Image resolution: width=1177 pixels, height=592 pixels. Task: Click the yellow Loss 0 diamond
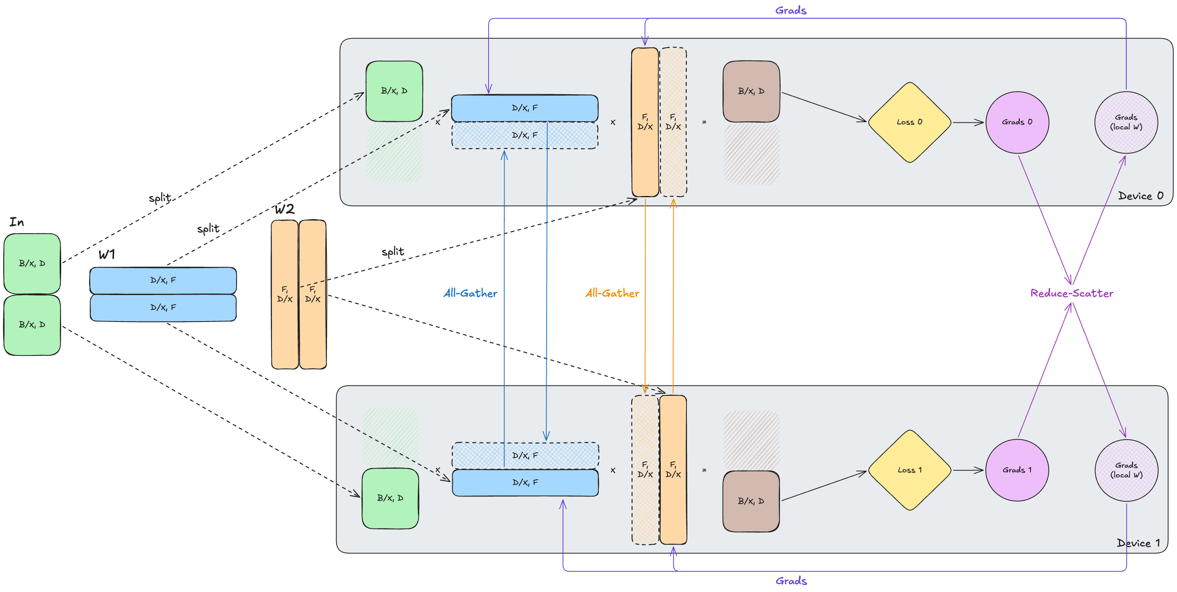click(x=909, y=122)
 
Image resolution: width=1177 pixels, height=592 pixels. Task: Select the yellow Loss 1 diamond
click(x=909, y=470)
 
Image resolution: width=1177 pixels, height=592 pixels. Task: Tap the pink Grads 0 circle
click(x=1017, y=122)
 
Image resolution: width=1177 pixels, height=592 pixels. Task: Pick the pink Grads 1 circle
click(x=1017, y=470)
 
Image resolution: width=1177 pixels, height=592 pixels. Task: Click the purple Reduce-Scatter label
click(x=1071, y=293)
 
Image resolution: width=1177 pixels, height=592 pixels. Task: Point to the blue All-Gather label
click(x=470, y=293)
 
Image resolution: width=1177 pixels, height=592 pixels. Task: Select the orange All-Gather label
click(x=612, y=293)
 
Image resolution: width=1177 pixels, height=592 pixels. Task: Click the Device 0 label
click(x=1140, y=196)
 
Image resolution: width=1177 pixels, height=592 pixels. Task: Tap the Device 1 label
click(x=1138, y=543)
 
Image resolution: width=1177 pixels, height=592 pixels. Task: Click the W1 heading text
click(x=107, y=254)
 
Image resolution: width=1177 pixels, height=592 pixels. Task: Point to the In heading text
click(x=17, y=222)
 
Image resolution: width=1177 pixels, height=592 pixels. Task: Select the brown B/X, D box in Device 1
click(x=751, y=501)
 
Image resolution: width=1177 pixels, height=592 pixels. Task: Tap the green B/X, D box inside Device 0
click(x=394, y=91)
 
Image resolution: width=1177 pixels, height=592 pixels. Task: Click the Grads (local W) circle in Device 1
click(x=1126, y=470)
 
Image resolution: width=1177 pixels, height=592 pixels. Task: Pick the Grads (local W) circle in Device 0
click(x=1126, y=122)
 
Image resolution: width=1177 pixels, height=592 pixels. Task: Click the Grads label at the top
click(x=791, y=11)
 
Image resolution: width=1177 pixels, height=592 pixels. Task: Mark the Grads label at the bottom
click(x=791, y=581)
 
